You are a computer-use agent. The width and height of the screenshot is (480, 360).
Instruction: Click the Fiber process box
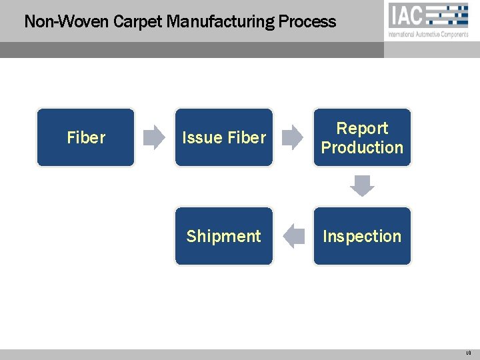(x=85, y=137)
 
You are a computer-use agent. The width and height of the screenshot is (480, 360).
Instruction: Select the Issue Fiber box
(x=224, y=137)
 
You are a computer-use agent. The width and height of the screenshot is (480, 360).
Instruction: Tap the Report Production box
(x=362, y=137)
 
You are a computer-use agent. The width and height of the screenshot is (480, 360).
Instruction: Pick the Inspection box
(x=362, y=236)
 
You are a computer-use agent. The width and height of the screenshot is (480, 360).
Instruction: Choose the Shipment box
(x=224, y=236)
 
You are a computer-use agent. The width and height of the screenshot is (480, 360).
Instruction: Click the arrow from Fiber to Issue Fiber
(x=155, y=137)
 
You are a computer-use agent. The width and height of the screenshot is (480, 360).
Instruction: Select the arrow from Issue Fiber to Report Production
(x=292, y=137)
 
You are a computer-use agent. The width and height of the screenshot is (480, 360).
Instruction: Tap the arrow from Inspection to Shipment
(x=293, y=236)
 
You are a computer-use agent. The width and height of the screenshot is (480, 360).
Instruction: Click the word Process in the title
(x=307, y=21)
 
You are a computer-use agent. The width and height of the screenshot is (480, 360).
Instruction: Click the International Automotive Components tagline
(x=428, y=35)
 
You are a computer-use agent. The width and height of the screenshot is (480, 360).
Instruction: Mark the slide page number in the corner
(x=469, y=353)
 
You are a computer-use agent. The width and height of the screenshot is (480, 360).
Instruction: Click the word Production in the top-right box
(x=362, y=147)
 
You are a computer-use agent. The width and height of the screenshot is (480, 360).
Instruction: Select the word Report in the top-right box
(x=362, y=128)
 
